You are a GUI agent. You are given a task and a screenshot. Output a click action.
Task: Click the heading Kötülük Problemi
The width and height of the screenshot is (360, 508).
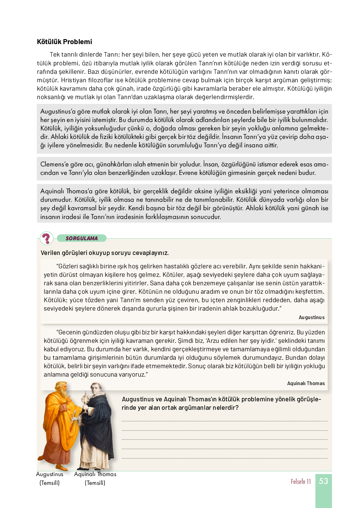(64, 42)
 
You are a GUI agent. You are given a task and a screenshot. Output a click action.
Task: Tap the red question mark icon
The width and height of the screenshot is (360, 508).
(47, 238)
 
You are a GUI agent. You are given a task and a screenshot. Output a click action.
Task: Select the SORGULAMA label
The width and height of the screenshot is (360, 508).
(82, 238)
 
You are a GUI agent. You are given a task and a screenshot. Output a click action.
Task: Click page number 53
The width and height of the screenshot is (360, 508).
(323, 481)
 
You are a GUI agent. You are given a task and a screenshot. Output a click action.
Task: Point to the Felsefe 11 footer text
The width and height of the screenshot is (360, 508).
(301, 481)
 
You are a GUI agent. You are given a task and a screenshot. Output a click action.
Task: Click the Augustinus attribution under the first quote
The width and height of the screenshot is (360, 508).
(312, 317)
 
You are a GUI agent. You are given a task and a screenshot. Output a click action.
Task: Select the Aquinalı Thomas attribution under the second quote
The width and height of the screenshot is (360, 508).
(306, 384)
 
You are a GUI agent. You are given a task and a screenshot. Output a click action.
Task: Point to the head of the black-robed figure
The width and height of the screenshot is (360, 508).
(95, 389)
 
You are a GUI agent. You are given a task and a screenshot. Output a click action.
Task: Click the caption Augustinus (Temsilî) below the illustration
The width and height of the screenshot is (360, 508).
(50, 478)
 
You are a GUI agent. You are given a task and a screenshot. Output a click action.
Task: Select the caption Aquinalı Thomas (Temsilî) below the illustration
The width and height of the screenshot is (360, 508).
(95, 478)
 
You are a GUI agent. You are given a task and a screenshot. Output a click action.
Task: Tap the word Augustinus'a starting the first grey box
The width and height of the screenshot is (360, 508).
(58, 112)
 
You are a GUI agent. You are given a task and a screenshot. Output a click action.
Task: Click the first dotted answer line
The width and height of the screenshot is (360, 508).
(224, 421)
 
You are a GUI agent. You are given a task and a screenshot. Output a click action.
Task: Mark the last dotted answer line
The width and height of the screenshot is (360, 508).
(224, 458)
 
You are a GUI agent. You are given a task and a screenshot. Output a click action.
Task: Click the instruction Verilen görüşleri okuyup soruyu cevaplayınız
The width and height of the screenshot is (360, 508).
(105, 253)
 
